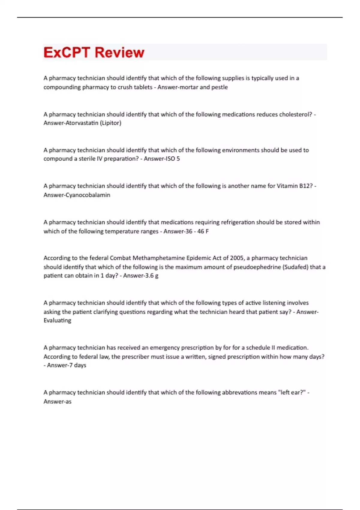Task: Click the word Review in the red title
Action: (x=119, y=52)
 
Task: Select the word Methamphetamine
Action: (x=159, y=258)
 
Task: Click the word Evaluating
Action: (x=57, y=320)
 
